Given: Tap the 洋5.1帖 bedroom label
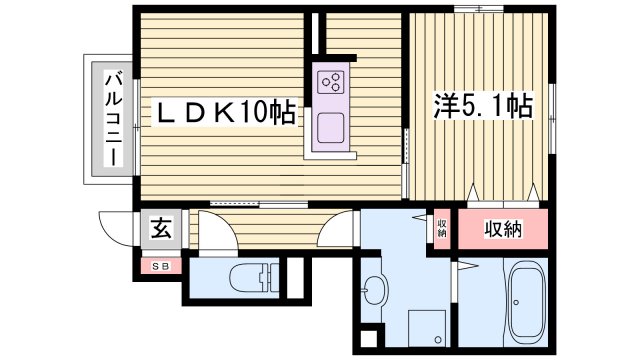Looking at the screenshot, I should point(481,103).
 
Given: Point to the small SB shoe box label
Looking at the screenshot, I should point(160,266).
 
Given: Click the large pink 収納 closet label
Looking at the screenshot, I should point(504,229).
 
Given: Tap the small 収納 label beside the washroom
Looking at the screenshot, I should point(441,228).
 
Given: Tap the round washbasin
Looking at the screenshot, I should point(376,291).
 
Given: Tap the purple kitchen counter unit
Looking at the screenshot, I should point(331,110).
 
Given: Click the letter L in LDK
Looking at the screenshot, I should point(163,113).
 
